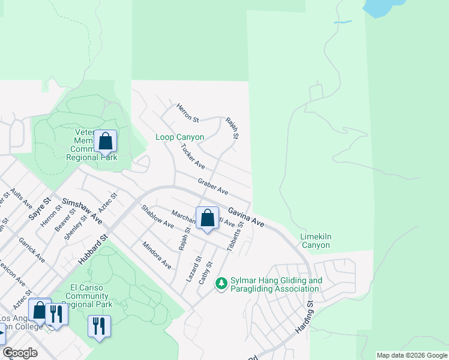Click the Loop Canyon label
(x=179, y=137)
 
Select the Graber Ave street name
(x=212, y=186)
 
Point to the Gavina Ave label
(x=246, y=217)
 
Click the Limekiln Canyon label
(x=315, y=241)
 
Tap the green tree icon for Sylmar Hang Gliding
(x=221, y=282)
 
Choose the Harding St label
(x=305, y=317)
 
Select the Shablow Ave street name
(x=157, y=217)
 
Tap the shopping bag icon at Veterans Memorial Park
(x=105, y=142)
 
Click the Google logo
(x=20, y=353)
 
